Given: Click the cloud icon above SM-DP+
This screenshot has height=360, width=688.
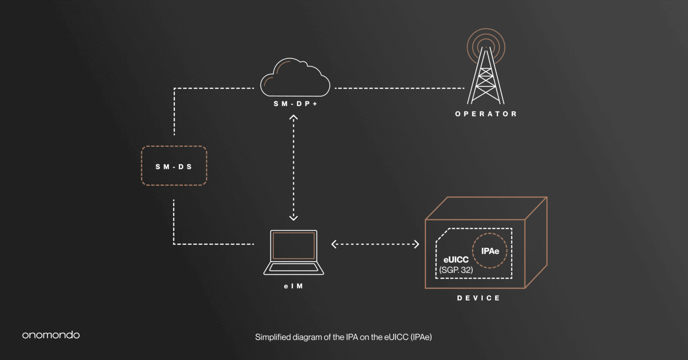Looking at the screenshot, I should click(295, 79).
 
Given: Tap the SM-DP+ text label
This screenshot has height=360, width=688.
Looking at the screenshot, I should click(295, 104).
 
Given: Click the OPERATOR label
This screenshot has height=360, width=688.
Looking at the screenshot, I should click(486, 114).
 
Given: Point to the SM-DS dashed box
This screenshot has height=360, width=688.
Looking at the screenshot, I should click(174, 166).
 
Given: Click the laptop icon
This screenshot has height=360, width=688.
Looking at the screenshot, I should click(293, 253).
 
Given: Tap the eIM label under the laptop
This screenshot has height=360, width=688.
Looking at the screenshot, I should click(293, 286).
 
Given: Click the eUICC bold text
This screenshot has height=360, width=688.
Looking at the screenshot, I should click(456, 260).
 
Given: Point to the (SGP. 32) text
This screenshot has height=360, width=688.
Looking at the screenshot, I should click(456, 270).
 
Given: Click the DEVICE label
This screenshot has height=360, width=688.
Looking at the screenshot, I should click(478, 298).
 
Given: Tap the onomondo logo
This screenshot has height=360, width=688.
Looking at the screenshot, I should click(51, 335).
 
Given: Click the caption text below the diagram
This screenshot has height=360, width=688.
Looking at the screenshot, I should click(343, 337).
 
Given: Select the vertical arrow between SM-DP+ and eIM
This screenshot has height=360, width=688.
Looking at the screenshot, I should click(293, 168).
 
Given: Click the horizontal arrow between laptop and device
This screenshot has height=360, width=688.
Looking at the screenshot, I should click(375, 244).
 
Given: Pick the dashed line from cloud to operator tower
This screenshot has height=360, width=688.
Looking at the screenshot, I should click(399, 88).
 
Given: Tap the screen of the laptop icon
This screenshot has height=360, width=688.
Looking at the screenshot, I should click(293, 246).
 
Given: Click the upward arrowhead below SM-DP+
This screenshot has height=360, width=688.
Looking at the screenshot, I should click(293, 118).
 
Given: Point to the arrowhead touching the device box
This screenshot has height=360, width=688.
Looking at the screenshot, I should click(416, 244).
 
